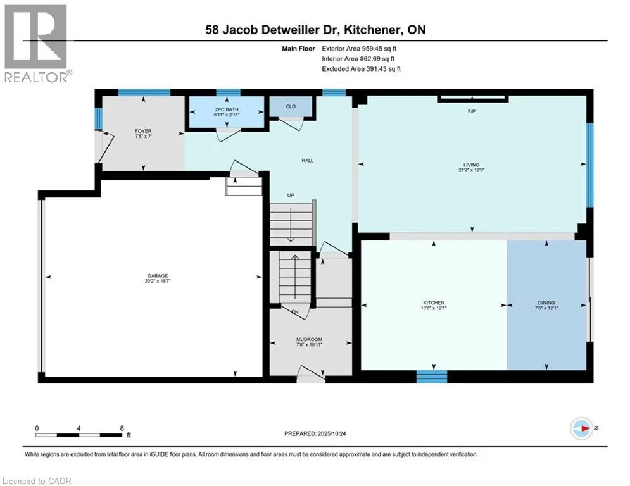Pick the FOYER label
click(142, 131)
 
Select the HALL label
click(307, 160)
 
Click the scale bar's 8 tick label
click(121, 428)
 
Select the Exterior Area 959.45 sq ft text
click(359, 48)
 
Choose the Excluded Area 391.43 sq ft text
click(361, 68)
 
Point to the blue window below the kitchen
click(432, 377)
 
